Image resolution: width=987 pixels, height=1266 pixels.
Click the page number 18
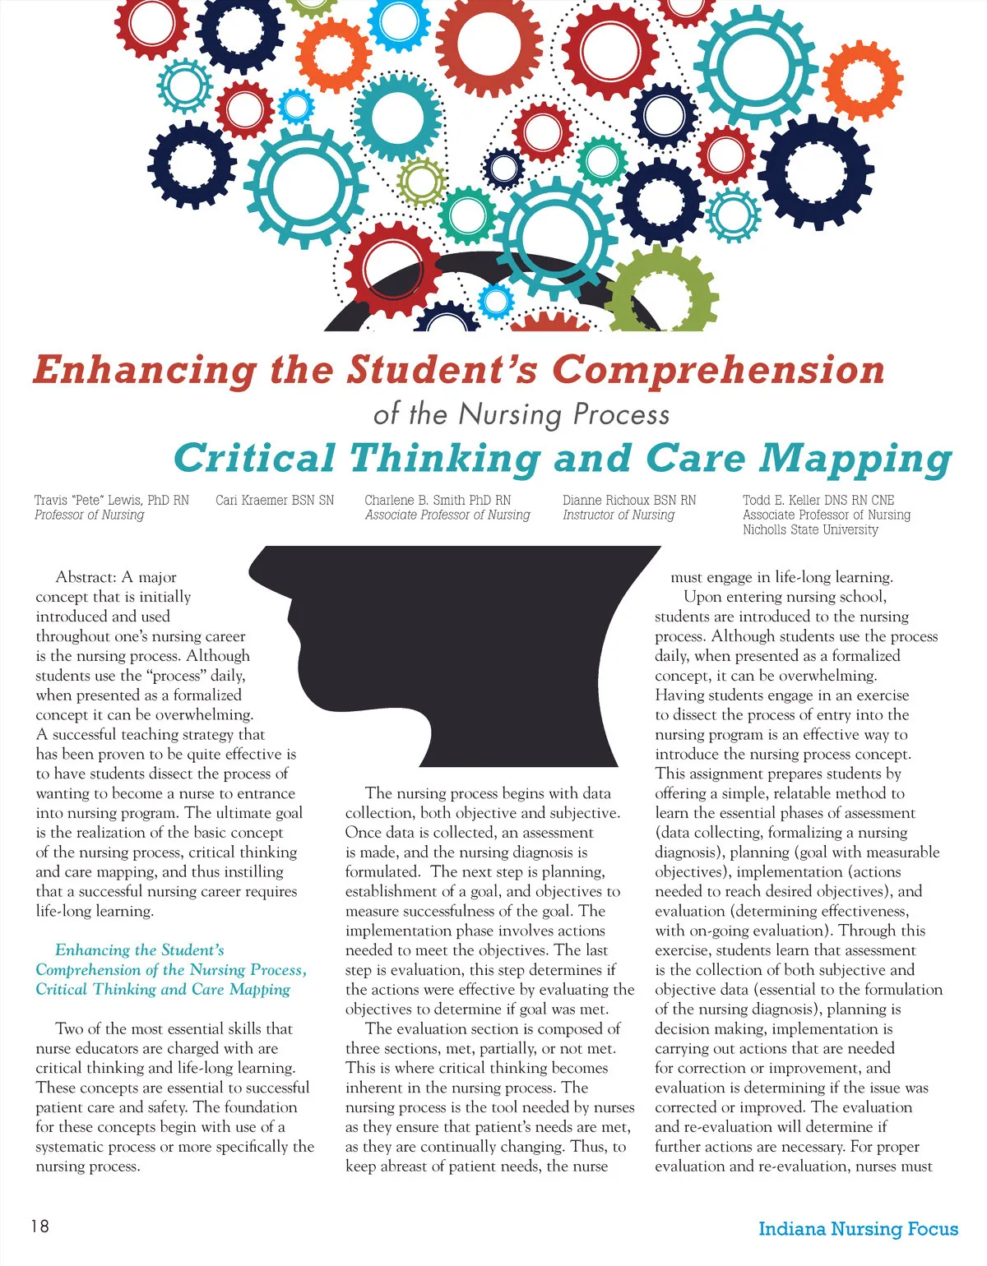pyautogui.click(x=39, y=1226)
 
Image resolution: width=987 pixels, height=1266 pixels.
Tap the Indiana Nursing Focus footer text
pyautogui.click(x=858, y=1229)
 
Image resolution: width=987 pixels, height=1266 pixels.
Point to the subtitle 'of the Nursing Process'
pyautogui.click(x=521, y=414)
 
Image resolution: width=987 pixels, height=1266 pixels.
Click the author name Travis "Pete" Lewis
pyautogui.click(x=111, y=500)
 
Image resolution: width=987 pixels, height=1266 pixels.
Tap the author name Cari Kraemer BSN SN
pyautogui.click(x=275, y=500)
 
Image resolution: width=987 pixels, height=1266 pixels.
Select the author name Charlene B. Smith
pyautogui.click(x=438, y=500)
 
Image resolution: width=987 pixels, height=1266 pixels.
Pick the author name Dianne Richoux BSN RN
pyautogui.click(x=629, y=500)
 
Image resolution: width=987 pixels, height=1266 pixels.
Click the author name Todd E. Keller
pyautogui.click(x=818, y=500)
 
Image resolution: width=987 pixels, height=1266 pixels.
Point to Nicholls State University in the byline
pyautogui.click(x=810, y=530)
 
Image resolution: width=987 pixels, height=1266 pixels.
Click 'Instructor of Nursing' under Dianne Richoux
pyautogui.click(x=619, y=515)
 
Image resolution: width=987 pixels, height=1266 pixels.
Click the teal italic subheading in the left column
pyautogui.click(x=171, y=970)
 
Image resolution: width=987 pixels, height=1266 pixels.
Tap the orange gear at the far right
pyautogui.click(x=863, y=80)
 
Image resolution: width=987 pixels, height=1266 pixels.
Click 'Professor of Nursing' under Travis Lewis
pyautogui.click(x=89, y=515)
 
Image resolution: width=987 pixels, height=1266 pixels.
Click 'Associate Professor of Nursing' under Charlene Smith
pyautogui.click(x=447, y=515)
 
